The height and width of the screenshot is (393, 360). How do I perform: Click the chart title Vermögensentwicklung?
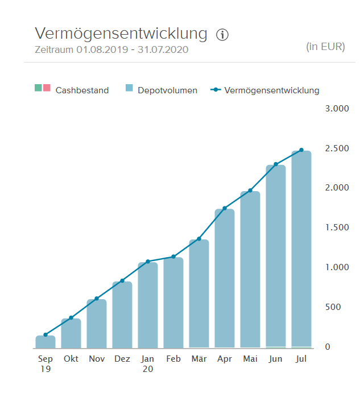point(121,34)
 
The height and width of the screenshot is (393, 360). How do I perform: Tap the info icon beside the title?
point(222,35)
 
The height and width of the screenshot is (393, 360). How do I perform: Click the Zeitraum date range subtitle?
point(111,50)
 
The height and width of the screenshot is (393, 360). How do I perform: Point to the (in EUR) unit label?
point(325,47)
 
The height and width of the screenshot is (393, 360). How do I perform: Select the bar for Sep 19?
point(45,341)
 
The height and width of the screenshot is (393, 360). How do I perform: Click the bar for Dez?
point(122,315)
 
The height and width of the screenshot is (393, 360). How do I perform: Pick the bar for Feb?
point(173,303)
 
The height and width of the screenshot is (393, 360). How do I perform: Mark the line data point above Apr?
point(225,208)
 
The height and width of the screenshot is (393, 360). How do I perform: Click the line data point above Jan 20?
point(148,262)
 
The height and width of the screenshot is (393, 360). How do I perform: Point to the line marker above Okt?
point(71,317)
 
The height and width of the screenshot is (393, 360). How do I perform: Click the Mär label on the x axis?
point(199,359)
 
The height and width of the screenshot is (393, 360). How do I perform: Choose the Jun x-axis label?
point(276,359)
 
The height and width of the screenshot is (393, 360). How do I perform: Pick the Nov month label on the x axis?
point(97,359)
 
